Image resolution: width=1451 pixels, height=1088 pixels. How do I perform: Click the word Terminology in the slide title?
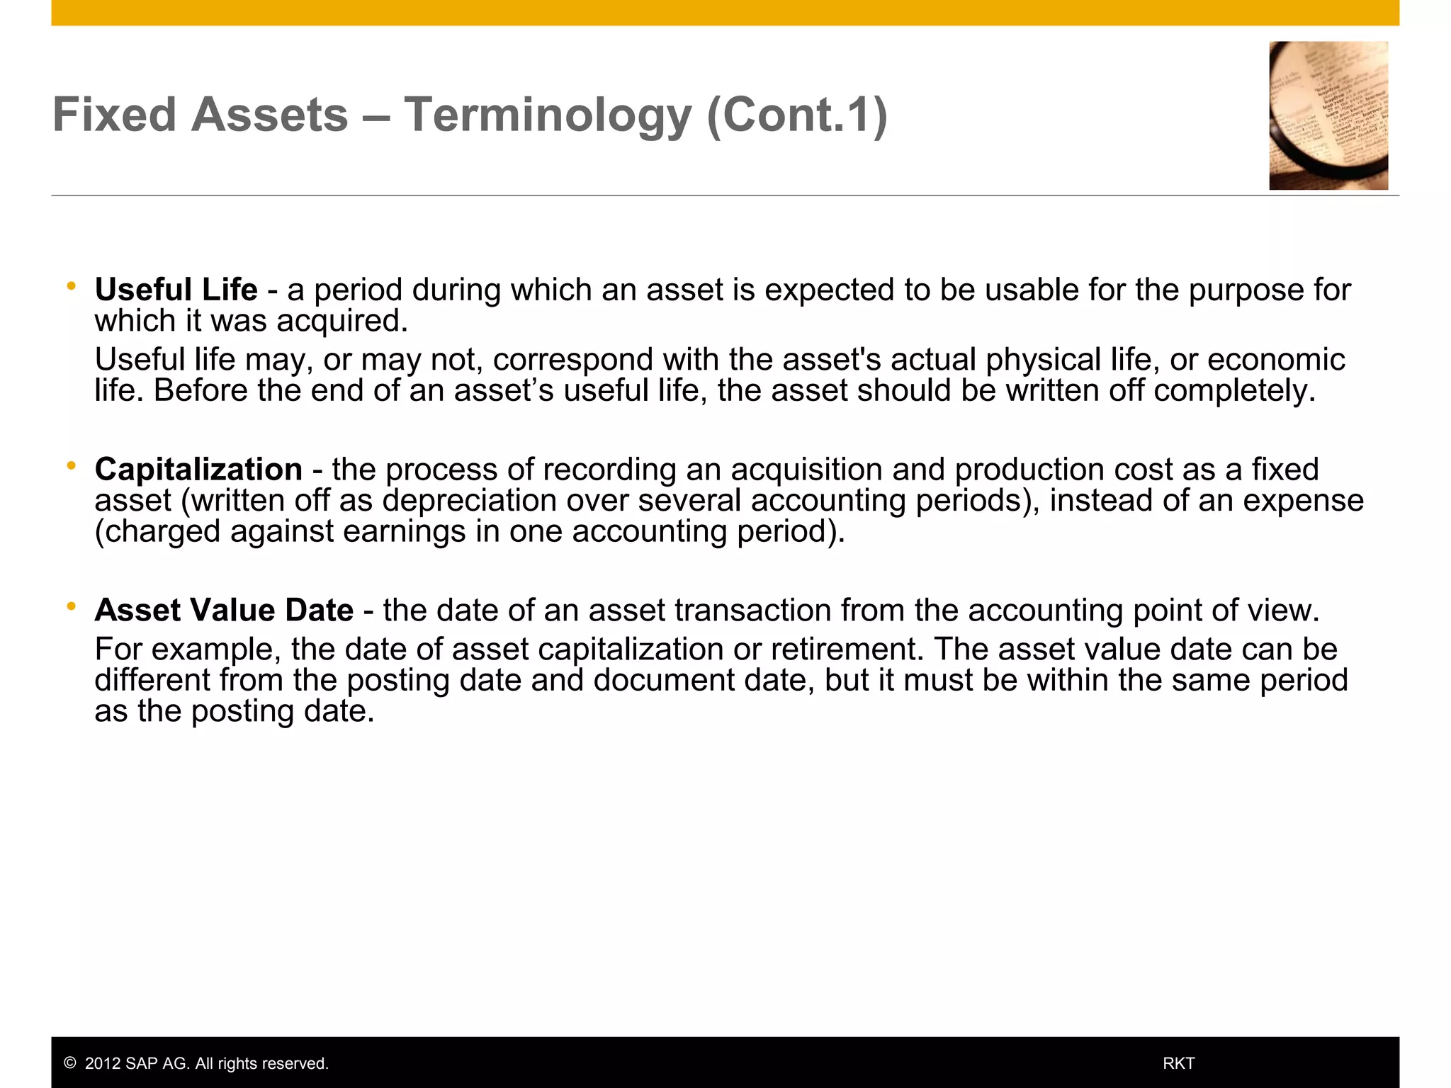(x=547, y=115)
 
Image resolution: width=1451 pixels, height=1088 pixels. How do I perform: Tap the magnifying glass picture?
(x=1328, y=115)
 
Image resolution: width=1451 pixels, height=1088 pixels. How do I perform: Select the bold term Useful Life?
(x=176, y=290)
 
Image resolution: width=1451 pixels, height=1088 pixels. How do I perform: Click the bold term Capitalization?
(x=198, y=470)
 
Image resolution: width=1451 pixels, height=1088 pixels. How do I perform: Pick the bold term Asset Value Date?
(x=224, y=611)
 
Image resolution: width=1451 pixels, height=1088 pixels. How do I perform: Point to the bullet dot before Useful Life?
(x=71, y=286)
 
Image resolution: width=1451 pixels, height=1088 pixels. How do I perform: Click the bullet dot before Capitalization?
(x=71, y=465)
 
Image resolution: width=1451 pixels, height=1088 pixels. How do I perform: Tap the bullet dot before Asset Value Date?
(x=71, y=606)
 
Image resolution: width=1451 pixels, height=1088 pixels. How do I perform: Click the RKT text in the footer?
(x=1178, y=1064)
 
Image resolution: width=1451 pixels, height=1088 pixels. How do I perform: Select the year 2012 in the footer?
(x=103, y=1064)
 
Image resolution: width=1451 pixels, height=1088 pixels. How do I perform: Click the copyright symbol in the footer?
(x=69, y=1064)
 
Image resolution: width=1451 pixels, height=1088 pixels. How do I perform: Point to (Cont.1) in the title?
(x=796, y=115)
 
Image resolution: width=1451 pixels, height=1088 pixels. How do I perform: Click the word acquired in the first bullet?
(x=341, y=321)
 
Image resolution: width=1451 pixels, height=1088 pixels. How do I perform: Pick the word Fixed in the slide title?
(x=114, y=115)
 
